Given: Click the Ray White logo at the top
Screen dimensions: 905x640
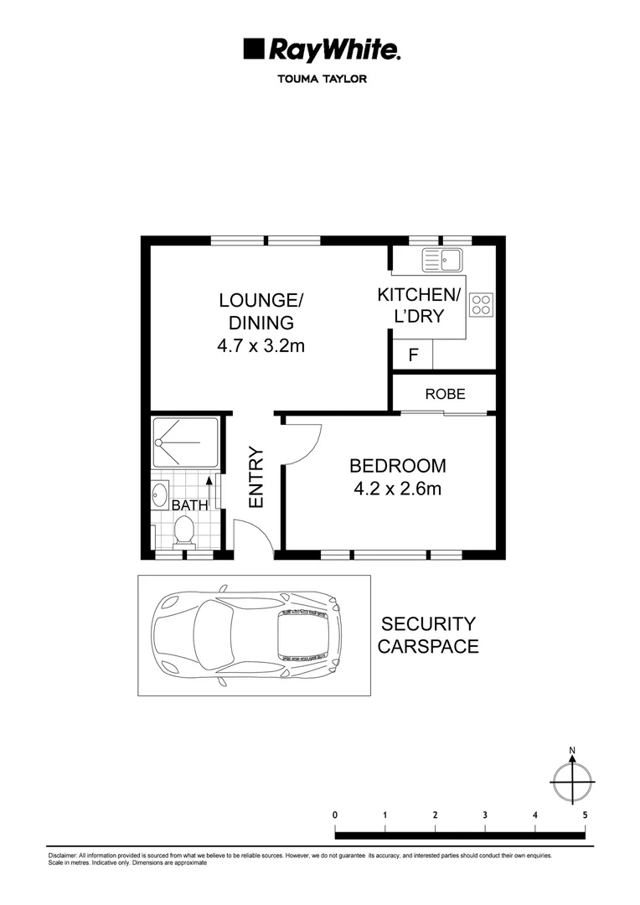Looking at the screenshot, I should [x=321, y=49].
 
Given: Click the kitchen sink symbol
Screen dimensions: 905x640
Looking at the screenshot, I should [x=443, y=260].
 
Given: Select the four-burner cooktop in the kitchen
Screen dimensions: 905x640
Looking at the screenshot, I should [x=482, y=305].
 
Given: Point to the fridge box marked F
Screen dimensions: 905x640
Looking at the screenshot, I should [x=413, y=354].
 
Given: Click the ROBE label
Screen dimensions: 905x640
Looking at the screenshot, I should [x=445, y=394].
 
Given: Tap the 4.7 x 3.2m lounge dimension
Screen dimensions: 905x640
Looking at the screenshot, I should [x=261, y=344].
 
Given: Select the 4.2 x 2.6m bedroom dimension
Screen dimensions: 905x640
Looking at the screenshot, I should [x=398, y=489].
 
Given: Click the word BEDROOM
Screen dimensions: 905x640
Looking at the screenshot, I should [x=398, y=466].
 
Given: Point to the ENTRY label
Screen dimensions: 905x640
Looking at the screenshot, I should [x=256, y=477].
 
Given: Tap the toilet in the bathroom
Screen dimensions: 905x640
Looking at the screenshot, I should [x=184, y=530].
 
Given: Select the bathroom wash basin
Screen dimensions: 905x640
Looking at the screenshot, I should [x=161, y=494].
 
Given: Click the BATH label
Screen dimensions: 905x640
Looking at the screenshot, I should [x=189, y=506].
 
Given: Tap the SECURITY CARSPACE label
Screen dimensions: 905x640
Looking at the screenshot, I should [x=428, y=635].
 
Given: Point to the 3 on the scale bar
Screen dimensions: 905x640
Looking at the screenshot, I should [x=485, y=814].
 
